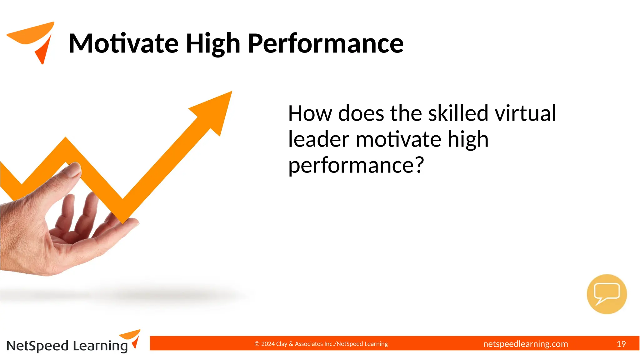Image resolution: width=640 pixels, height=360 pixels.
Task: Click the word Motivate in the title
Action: [123, 43]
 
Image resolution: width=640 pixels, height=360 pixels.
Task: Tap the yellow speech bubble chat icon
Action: [607, 294]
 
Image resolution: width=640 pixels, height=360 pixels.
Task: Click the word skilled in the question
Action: [458, 113]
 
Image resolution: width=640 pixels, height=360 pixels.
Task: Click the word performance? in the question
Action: [356, 166]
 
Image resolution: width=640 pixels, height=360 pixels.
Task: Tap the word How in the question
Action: [310, 113]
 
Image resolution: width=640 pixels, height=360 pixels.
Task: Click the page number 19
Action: [621, 344]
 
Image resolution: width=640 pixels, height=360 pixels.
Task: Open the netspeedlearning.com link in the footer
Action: [525, 344]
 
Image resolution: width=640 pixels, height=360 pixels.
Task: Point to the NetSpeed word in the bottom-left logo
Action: [37, 346]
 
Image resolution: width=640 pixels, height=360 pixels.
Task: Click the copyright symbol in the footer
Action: [257, 344]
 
